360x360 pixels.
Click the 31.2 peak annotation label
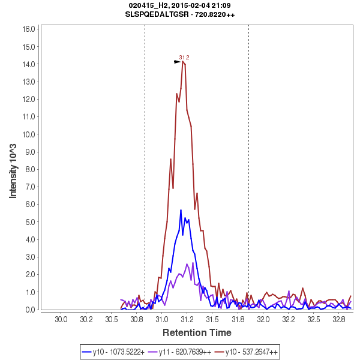184,58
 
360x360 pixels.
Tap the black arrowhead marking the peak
178,62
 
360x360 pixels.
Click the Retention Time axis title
197,332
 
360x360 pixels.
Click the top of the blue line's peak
181,210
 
